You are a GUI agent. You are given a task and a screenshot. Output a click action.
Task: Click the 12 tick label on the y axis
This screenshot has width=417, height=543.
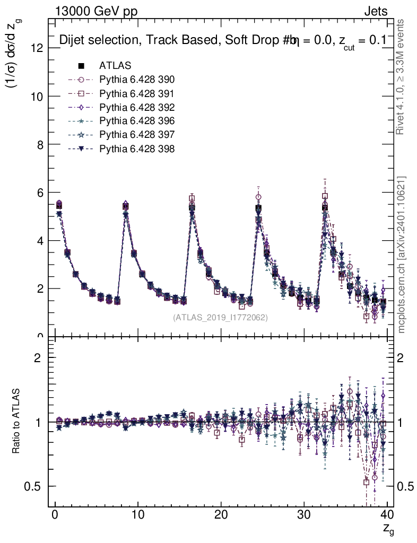pyautogui.click(x=37, y=48)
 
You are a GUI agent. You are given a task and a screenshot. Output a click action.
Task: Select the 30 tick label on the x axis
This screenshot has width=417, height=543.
pyautogui.click(x=304, y=514)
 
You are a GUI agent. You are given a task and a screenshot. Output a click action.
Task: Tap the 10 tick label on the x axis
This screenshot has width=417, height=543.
pyautogui.click(x=138, y=514)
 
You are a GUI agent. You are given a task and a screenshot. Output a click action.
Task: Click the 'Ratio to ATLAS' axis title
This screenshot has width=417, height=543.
pyautogui.click(x=16, y=422)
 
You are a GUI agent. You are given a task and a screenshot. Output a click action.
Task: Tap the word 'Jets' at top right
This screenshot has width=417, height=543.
pyautogui.click(x=375, y=11)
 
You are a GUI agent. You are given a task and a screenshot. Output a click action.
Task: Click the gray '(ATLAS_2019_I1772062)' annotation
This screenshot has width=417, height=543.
pyautogui.click(x=220, y=318)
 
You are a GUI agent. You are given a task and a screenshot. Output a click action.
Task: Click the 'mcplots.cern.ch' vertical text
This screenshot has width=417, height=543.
pyautogui.click(x=401, y=255)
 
